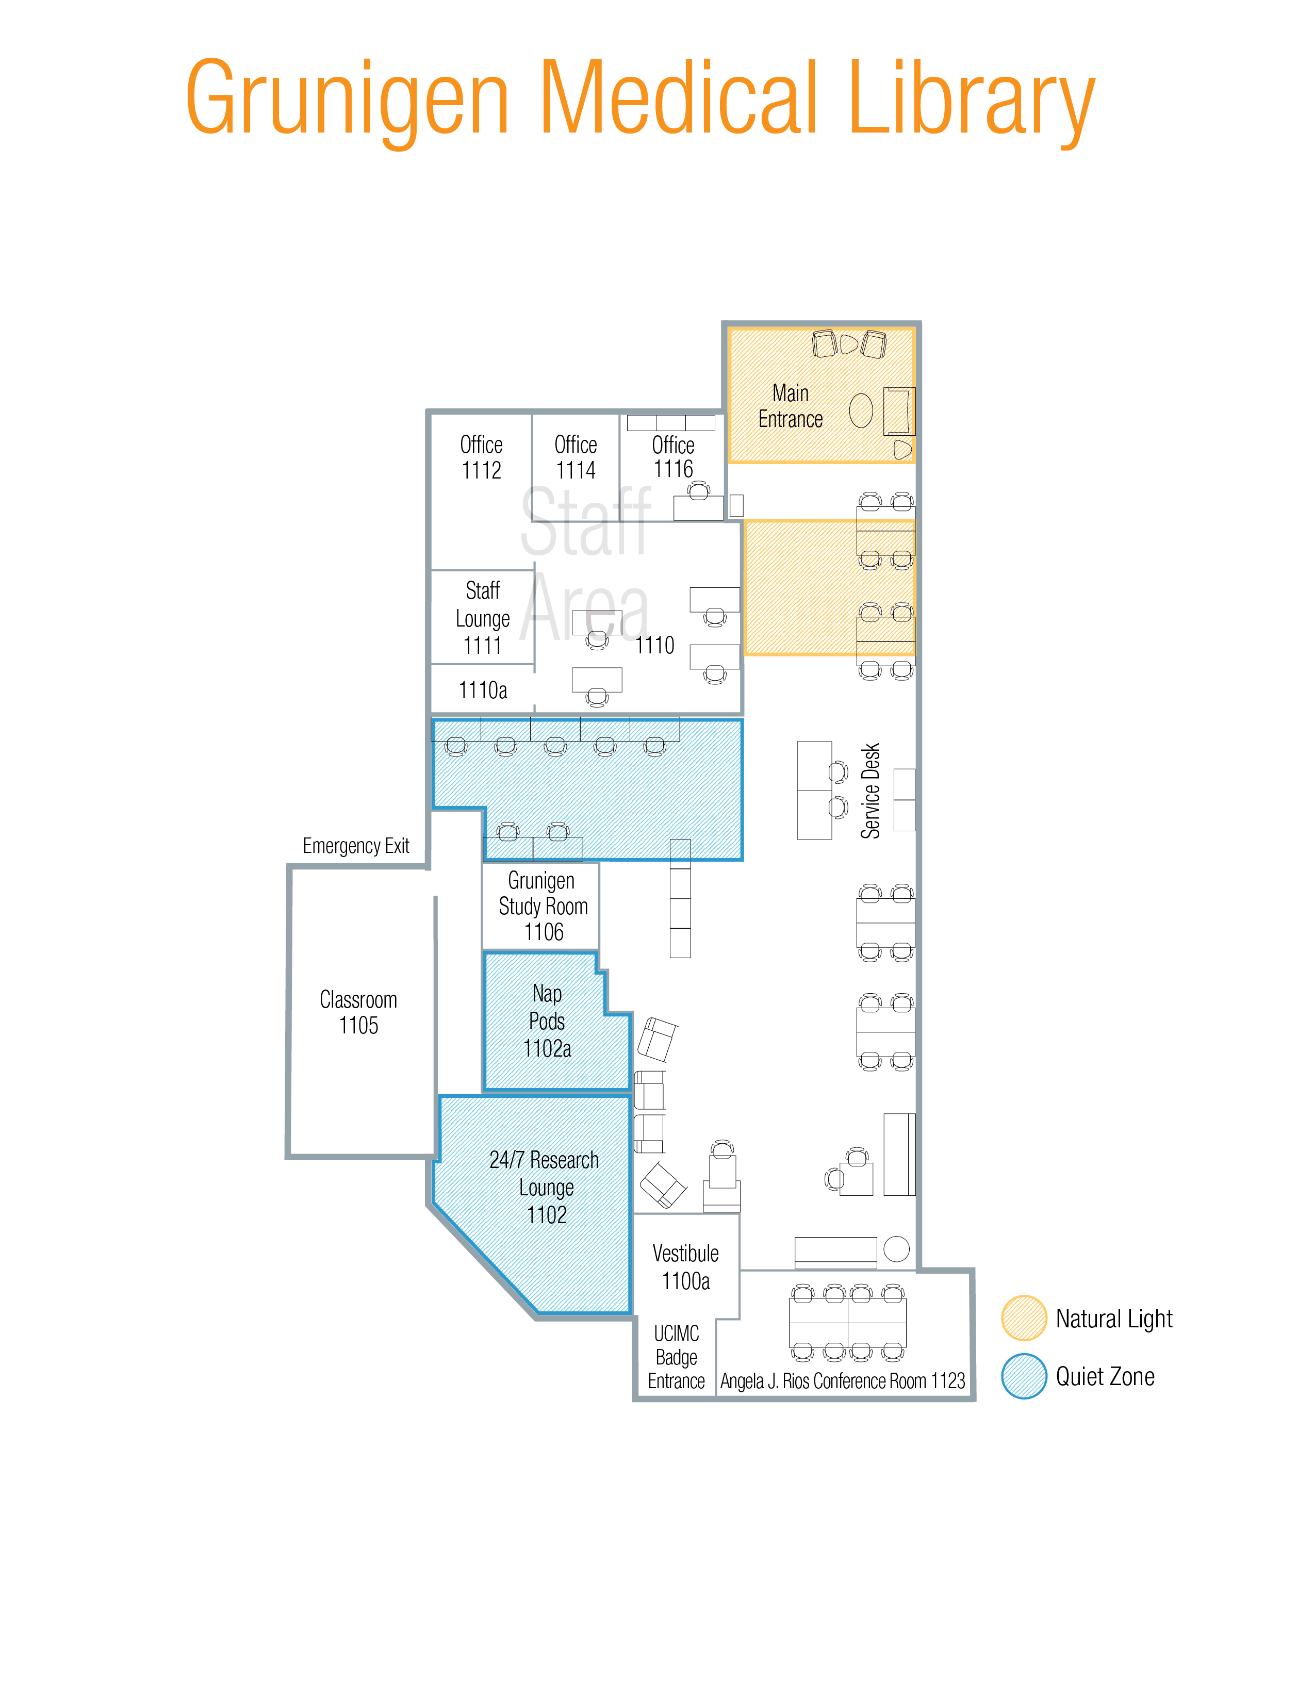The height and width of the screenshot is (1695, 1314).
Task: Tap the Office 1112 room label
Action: tap(481, 457)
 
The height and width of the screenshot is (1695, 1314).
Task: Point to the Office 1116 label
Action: tap(673, 457)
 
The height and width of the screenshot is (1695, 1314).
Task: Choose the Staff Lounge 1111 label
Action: tap(482, 618)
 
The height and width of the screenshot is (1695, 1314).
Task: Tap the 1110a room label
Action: tap(483, 690)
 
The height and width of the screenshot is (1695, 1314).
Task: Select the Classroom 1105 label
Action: tap(358, 1012)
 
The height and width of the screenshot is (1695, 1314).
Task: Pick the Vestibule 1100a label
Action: tap(685, 1266)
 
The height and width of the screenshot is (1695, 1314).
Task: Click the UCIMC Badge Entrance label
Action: tap(676, 1357)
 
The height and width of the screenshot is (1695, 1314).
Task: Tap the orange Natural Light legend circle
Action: tap(1024, 1318)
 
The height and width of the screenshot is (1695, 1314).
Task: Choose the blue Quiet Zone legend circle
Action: tap(1024, 1376)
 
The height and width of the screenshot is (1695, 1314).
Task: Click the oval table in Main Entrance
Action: tap(860, 410)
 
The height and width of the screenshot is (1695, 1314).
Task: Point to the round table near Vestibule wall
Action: tap(896, 1249)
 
